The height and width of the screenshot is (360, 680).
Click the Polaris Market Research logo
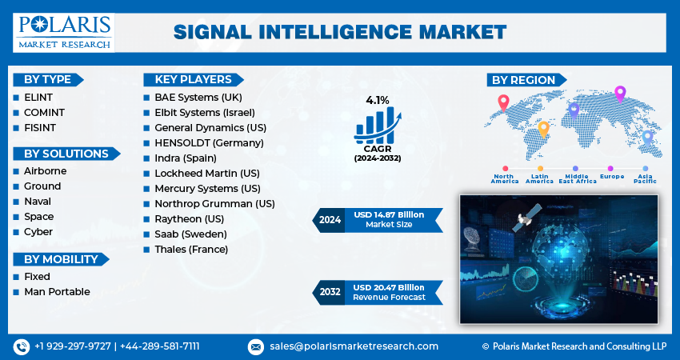pos(63,32)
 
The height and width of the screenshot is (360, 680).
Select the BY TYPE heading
pos(47,79)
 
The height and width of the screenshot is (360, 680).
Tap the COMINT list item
pos(44,112)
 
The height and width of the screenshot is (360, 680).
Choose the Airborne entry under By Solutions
pos(45,170)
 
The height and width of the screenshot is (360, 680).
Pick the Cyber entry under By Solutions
pos(38,231)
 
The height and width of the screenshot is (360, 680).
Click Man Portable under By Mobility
pos(57,291)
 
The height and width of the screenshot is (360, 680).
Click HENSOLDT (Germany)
pos(208,142)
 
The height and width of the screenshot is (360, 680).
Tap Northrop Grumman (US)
pos(214,203)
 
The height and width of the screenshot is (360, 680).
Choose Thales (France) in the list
pos(191,249)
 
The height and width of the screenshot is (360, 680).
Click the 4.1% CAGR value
pos(377,101)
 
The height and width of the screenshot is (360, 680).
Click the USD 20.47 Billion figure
pos(390,287)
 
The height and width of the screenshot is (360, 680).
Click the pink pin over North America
pos(503,102)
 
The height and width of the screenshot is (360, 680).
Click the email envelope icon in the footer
pos(256,346)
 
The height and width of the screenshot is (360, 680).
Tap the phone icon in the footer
pos(21,346)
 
